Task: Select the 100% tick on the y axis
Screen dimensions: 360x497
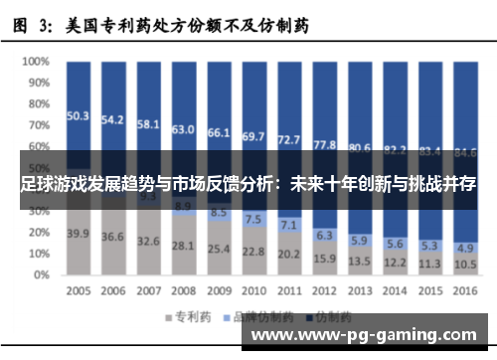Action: point(37,61)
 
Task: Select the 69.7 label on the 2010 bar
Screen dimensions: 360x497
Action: point(254,135)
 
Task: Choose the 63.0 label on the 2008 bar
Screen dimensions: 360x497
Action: point(183,129)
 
